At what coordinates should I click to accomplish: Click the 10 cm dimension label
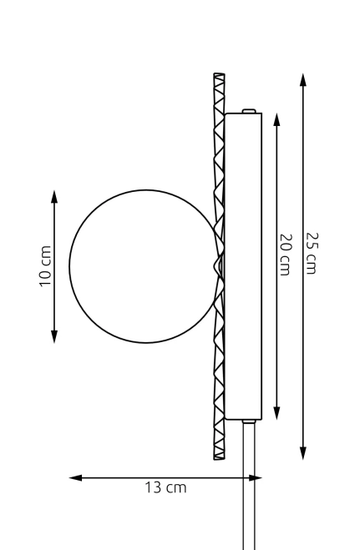tap(46, 266)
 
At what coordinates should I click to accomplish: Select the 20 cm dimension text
tap(286, 255)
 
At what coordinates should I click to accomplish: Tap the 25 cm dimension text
tap(312, 253)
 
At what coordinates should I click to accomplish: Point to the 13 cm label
tap(165, 488)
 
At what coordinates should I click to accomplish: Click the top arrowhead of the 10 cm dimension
tap(54, 197)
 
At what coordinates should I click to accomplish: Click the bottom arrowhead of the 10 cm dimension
tap(54, 336)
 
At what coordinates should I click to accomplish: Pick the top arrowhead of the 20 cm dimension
tap(276, 120)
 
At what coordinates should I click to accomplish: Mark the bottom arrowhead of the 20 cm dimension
tap(276, 413)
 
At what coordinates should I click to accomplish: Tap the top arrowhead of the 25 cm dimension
tap(303, 79)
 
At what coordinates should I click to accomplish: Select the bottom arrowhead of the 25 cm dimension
tap(303, 453)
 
